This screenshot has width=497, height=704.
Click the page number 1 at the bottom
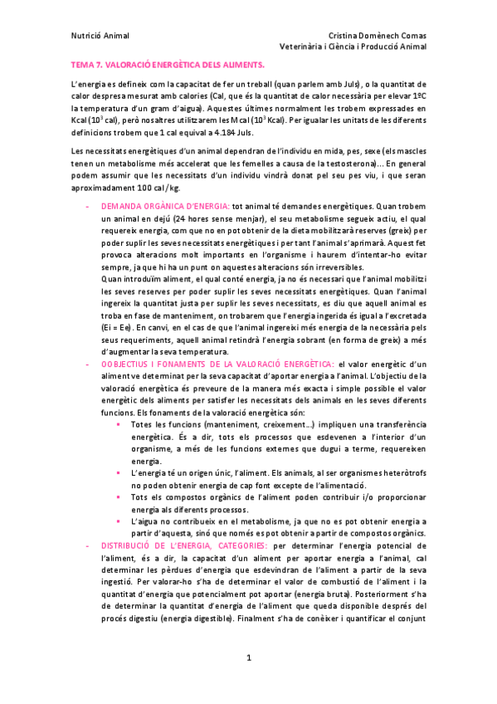click(x=248, y=658)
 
